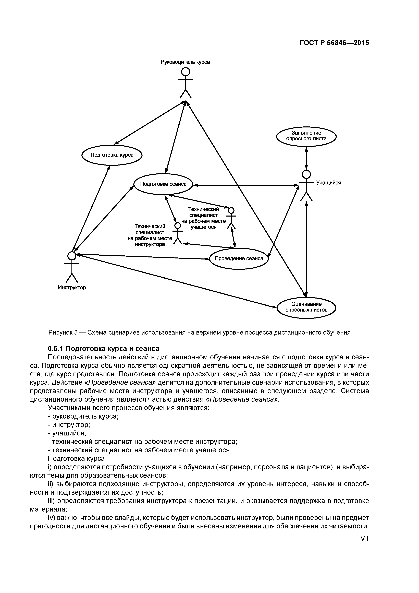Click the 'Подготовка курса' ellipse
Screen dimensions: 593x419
coord(112,155)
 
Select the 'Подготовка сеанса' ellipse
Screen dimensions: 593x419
coord(163,184)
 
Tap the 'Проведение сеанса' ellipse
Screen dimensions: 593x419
coord(239,258)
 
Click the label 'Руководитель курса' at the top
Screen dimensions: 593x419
coord(185,62)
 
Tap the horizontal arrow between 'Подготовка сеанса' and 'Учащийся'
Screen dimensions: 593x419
coord(245,185)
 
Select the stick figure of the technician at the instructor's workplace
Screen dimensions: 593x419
coord(177,233)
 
